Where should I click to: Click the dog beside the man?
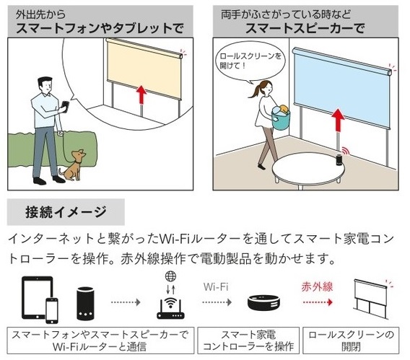pyautogui.click(x=72, y=166)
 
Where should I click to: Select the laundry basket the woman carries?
pyautogui.click(x=281, y=117)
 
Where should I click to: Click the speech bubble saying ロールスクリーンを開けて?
pyautogui.click(x=250, y=61)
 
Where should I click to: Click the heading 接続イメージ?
pyautogui.click(x=66, y=212)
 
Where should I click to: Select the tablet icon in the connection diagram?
pyautogui.click(x=38, y=297)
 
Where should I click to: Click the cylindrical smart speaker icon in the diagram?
pyautogui.click(x=85, y=303)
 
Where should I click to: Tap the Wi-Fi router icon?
pyautogui.click(x=170, y=309)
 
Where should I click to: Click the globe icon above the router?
pyautogui.click(x=170, y=276)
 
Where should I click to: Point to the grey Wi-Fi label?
pyautogui.click(x=216, y=287)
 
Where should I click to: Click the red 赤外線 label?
pyautogui.click(x=317, y=287)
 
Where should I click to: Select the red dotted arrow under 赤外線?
pyautogui.click(x=318, y=302)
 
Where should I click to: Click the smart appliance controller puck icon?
pyautogui.click(x=263, y=303)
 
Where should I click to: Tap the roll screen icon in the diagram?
pyautogui.click(x=371, y=299)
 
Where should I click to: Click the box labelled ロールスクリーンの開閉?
pyautogui.click(x=351, y=341)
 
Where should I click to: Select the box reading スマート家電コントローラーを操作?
pyautogui.click(x=248, y=341)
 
